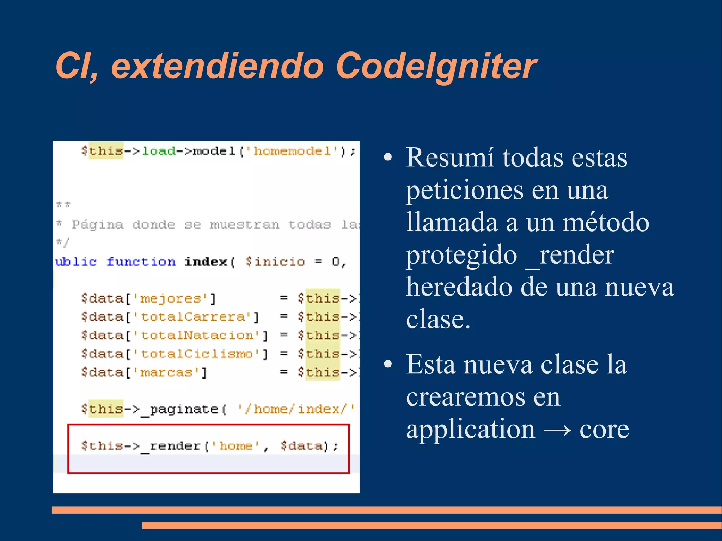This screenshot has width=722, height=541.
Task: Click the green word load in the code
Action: tap(158, 151)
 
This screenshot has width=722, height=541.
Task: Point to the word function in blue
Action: tap(141, 262)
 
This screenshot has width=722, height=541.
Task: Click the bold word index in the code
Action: tap(206, 262)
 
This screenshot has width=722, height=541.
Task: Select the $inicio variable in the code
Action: tap(275, 262)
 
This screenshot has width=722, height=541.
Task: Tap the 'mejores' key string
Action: tap(171, 299)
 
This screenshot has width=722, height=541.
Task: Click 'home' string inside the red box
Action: tap(236, 446)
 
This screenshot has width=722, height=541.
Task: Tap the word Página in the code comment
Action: tap(98, 225)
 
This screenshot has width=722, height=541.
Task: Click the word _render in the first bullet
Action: tap(570, 255)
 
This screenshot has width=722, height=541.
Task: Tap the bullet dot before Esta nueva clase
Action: tap(388, 364)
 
